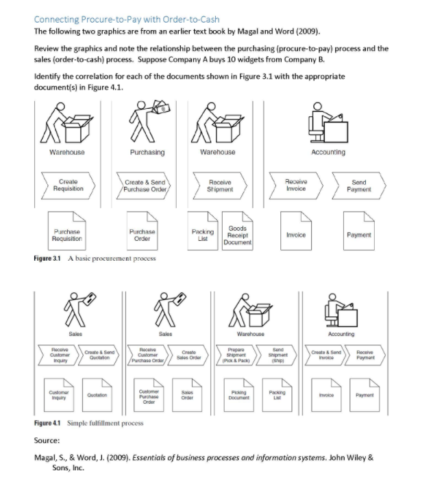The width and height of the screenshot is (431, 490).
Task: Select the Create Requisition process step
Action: [x=68, y=185]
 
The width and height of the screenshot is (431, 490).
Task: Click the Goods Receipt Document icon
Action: [x=238, y=234]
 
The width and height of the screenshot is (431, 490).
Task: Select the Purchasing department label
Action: [x=146, y=152]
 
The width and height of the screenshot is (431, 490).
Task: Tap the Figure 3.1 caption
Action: [x=95, y=258]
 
